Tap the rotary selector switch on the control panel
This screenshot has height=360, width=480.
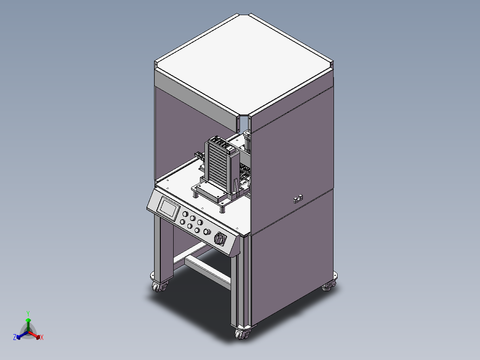tap(220, 239)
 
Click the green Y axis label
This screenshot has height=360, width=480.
tap(28, 313)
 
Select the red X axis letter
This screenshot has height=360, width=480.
tap(42, 338)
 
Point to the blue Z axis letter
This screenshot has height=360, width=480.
tap(15, 338)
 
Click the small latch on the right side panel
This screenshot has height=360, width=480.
tap(298, 197)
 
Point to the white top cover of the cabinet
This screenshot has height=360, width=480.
tap(244, 62)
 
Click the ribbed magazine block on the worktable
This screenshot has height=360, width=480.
tap(221, 165)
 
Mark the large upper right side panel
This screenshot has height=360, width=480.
tap(292, 151)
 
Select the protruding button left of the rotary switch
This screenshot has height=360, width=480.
tap(206, 232)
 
